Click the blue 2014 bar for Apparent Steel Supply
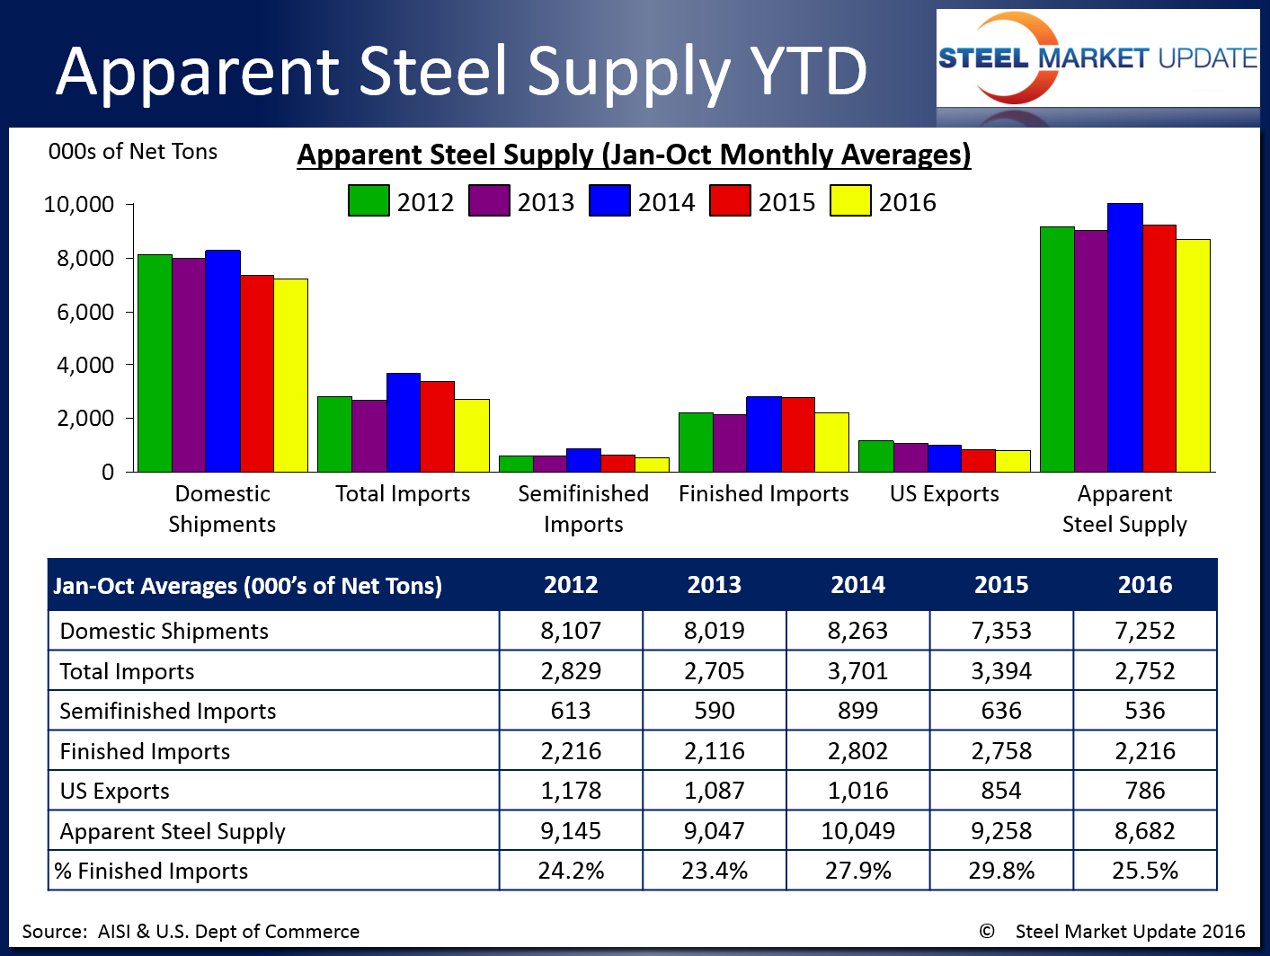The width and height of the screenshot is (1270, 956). [1125, 338]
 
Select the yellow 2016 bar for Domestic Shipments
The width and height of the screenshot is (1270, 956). [290, 376]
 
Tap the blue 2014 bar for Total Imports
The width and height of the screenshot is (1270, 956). [404, 422]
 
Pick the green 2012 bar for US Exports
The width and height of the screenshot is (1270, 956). [875, 456]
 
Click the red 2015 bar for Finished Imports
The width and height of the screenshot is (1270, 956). [798, 435]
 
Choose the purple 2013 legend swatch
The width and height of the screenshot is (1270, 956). [489, 201]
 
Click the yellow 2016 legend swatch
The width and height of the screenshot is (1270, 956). [850, 201]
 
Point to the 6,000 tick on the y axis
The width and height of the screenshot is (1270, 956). [86, 312]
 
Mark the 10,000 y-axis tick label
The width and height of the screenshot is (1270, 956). [79, 205]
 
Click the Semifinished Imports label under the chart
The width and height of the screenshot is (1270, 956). [583, 509]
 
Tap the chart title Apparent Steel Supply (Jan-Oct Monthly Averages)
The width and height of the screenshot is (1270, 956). [634, 155]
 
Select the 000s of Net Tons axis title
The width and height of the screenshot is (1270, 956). [133, 152]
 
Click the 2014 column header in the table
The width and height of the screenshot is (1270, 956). [857, 585]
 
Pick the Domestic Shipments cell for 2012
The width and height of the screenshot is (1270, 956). [571, 631]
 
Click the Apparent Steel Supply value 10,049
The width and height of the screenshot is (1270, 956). [857, 831]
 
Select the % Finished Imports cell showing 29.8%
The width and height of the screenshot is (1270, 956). [1001, 871]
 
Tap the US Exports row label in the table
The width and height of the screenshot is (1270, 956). [115, 792]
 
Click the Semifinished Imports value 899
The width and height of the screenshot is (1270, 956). [857, 711]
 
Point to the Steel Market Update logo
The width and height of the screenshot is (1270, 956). [1097, 59]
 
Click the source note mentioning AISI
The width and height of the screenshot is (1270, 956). [191, 932]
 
